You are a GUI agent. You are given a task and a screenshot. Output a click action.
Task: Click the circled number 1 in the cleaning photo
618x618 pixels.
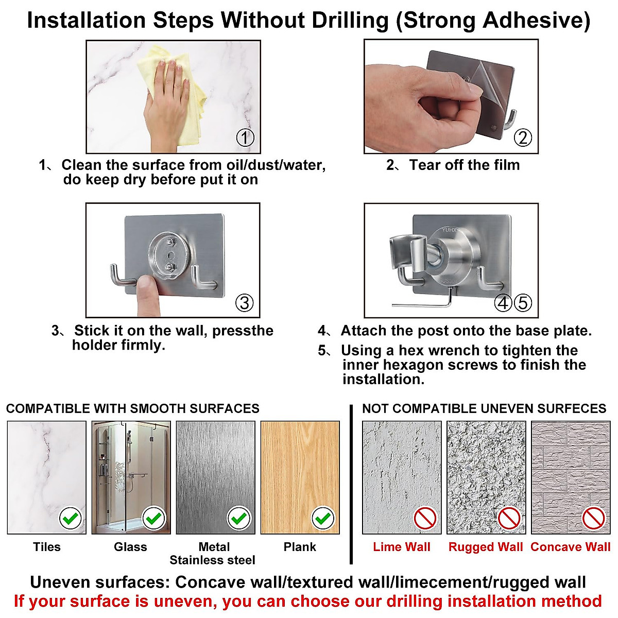click(245, 138)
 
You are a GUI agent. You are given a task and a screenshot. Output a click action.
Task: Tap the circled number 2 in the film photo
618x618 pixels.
click(523, 138)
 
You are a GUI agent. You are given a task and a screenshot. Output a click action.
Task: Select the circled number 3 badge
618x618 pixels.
click(245, 303)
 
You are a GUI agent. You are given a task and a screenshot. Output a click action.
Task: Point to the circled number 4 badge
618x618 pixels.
click(503, 303)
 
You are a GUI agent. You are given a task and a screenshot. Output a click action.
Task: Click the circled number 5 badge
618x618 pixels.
click(523, 303)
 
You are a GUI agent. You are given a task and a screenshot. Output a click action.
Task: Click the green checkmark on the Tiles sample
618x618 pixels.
click(71, 518)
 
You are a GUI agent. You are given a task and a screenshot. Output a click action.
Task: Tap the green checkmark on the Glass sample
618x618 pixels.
click(154, 518)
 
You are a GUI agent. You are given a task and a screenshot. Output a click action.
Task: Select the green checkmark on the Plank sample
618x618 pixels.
click(323, 518)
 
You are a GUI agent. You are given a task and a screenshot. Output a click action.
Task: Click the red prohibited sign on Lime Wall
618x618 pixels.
click(425, 518)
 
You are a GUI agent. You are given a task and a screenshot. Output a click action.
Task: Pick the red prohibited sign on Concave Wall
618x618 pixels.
click(594, 518)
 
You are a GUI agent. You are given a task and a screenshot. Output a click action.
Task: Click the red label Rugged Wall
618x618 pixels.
click(486, 547)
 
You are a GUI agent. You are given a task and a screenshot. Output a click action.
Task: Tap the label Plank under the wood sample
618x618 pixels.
click(300, 547)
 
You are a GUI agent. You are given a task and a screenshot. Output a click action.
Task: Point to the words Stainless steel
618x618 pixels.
click(212, 560)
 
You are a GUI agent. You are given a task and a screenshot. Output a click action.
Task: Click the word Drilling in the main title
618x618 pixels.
click(350, 21)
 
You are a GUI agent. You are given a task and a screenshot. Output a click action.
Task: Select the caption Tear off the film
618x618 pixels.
click(464, 165)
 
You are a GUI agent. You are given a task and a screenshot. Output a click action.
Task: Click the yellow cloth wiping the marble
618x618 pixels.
click(180, 93)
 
